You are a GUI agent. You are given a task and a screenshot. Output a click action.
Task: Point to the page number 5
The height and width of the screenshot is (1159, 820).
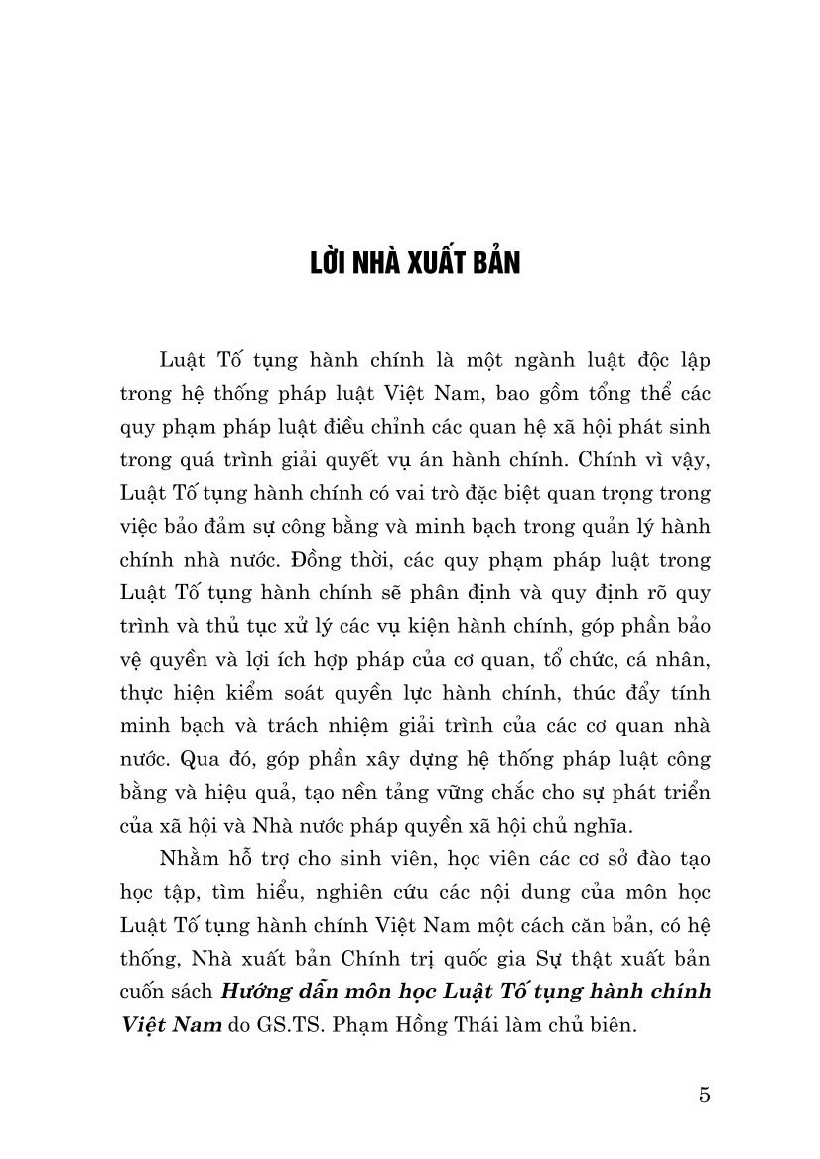[705, 1095]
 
